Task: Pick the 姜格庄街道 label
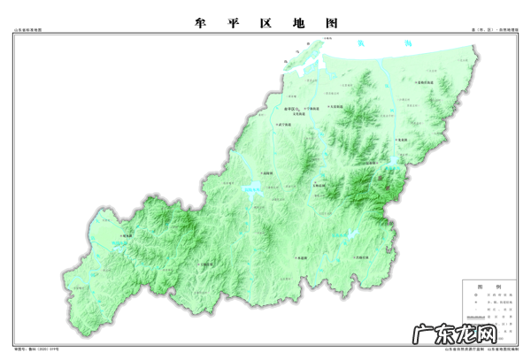click(430, 82)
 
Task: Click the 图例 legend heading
click(485, 286)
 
